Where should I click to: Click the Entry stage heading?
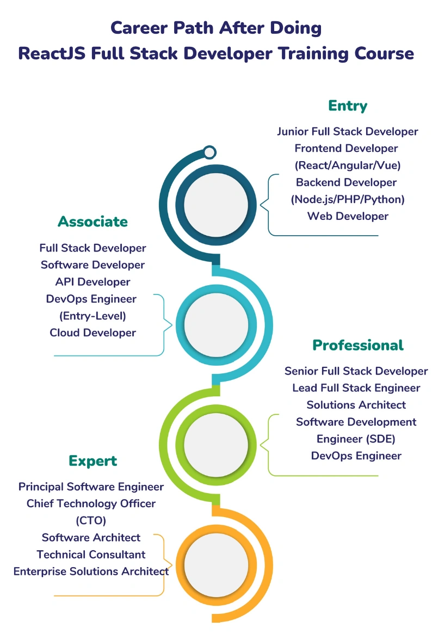tap(348, 106)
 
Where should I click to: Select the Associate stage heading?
tap(92, 222)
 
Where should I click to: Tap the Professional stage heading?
tap(357, 345)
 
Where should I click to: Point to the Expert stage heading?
tap(92, 461)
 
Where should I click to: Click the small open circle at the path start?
tap(209, 152)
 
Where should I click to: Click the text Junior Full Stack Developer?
tap(347, 131)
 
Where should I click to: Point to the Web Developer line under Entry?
tap(348, 216)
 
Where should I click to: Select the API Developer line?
tap(92, 282)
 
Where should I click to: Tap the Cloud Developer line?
tap(92, 333)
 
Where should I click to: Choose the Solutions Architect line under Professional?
tap(356, 405)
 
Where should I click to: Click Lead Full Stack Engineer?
tap(356, 388)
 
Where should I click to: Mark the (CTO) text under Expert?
tap(91, 520)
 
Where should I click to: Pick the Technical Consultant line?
tap(91, 555)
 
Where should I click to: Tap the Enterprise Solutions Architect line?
tap(91, 572)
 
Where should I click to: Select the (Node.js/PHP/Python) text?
tap(348, 199)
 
